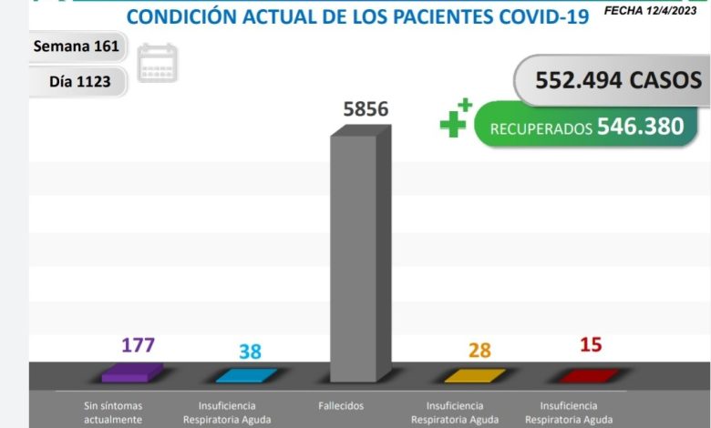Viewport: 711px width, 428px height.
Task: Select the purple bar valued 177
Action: click(132, 372)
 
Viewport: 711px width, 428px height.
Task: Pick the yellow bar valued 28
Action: click(474, 374)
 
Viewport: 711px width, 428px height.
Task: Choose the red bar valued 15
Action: click(588, 374)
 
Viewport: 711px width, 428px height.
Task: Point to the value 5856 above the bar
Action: click(366, 109)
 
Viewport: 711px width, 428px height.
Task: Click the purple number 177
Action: click(139, 345)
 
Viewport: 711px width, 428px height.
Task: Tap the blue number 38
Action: click(249, 351)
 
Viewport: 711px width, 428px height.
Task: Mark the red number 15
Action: click(591, 345)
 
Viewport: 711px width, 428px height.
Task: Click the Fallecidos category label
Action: click(342, 405)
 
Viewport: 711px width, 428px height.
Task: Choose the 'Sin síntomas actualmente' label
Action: click(113, 413)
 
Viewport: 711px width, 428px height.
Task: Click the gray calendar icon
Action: click(157, 64)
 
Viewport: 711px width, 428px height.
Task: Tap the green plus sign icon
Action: click(455, 118)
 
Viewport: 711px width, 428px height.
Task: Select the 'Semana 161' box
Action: click(76, 46)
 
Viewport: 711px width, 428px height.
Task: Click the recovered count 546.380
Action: click(640, 127)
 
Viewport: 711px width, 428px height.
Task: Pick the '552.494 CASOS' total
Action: click(619, 79)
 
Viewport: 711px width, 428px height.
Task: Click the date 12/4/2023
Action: click(672, 11)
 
